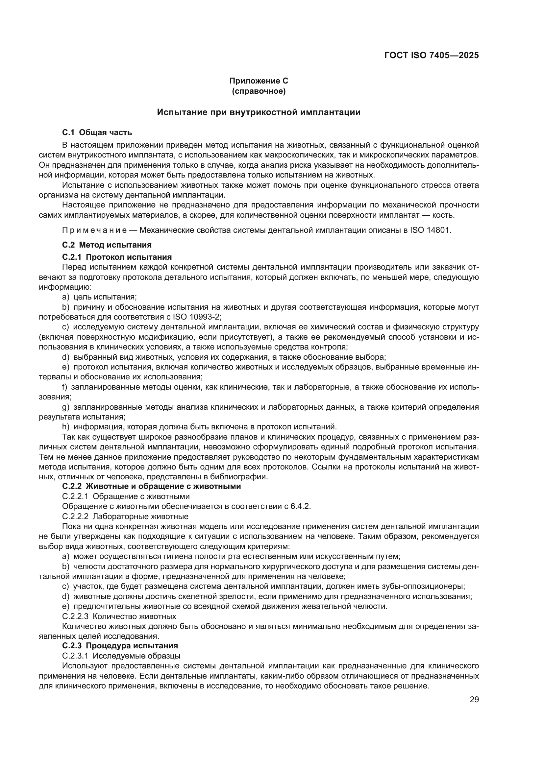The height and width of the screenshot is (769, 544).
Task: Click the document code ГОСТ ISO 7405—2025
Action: (432, 56)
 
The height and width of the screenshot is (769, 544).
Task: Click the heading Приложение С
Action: (259, 81)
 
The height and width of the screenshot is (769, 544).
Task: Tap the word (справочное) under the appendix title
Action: (259, 91)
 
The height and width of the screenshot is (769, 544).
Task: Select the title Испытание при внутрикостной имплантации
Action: (259, 112)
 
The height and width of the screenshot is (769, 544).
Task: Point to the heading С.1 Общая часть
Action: (97, 132)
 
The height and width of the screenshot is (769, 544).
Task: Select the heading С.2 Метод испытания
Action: (107, 245)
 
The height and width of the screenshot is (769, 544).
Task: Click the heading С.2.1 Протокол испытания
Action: (116, 257)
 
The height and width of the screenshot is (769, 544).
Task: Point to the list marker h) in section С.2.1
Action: (65, 427)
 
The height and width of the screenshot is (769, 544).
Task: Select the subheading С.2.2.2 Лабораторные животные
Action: (125, 516)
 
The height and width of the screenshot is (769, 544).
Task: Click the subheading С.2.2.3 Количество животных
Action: (119, 616)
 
